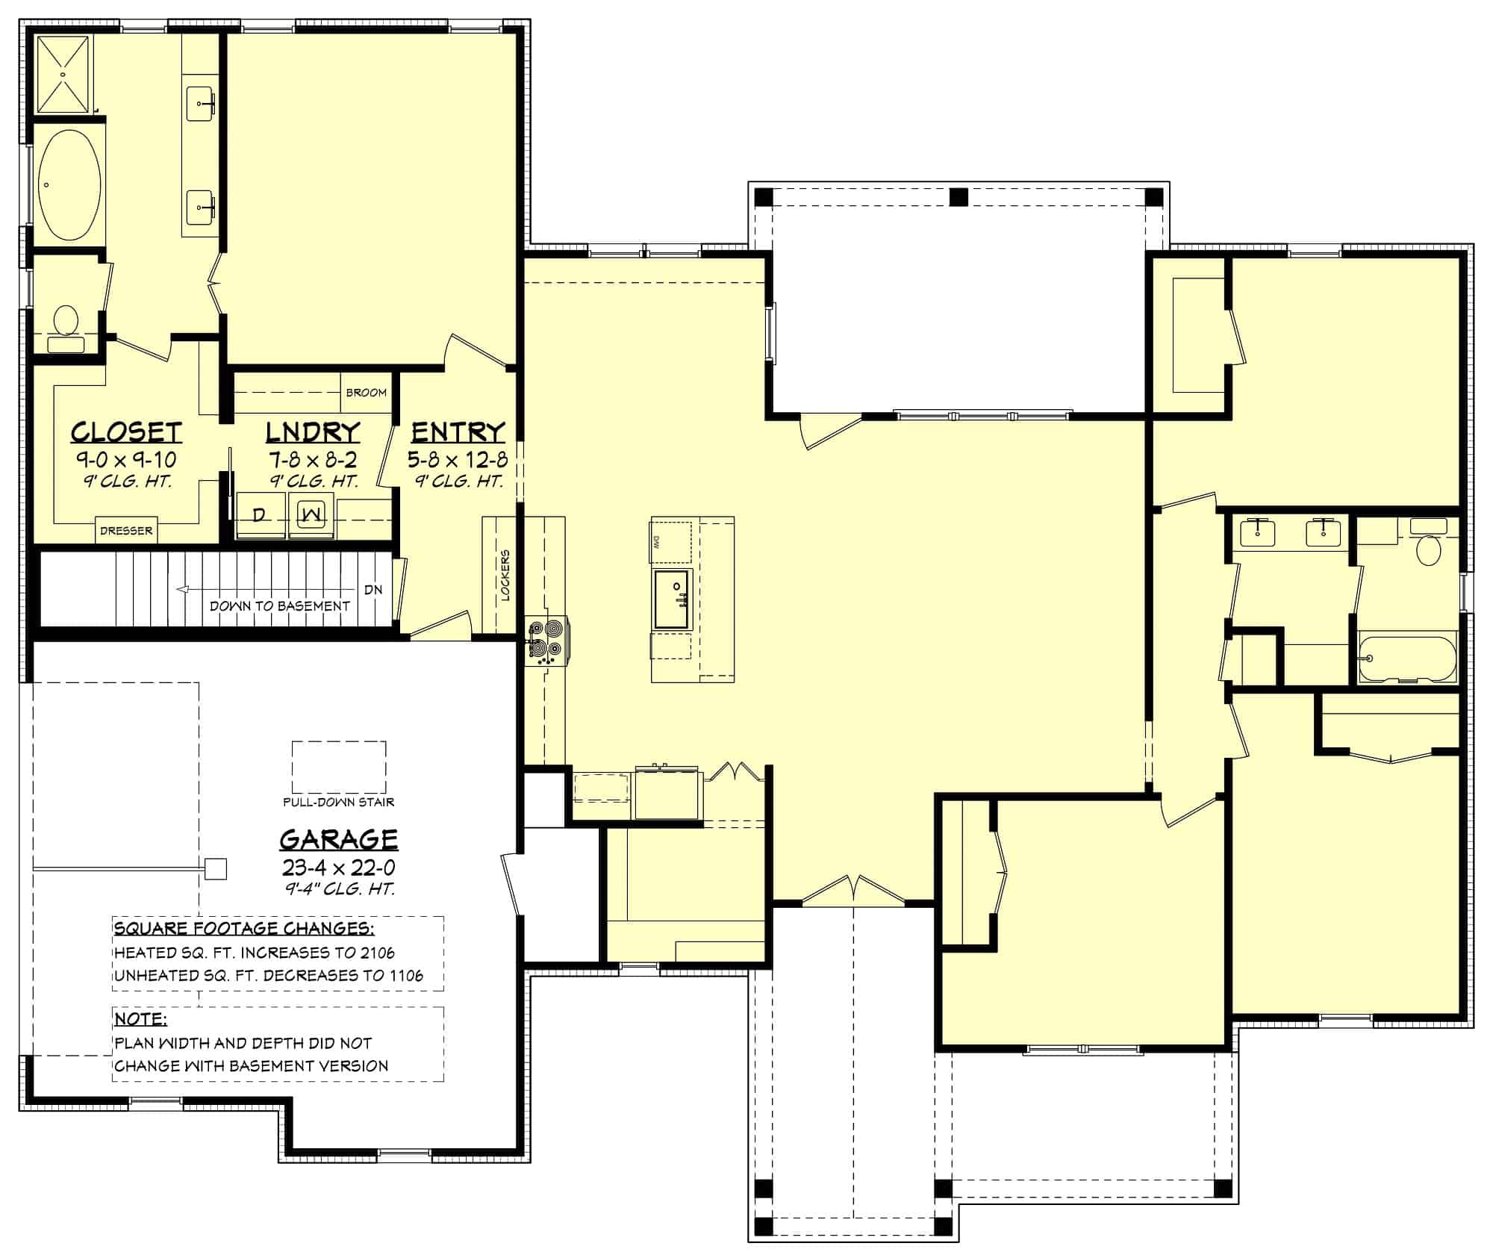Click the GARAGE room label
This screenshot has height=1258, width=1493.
[x=338, y=839]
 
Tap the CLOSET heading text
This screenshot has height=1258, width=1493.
[x=126, y=432]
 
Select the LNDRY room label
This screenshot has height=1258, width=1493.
[x=313, y=432]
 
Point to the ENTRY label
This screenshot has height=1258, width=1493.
[x=458, y=432]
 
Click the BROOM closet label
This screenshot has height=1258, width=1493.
[x=366, y=393]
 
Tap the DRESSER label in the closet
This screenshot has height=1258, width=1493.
[x=126, y=531]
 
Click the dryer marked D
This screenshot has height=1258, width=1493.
[x=260, y=514]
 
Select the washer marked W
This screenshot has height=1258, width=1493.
[x=313, y=514]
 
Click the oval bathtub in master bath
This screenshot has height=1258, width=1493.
[x=67, y=184]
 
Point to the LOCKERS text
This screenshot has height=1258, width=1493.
[x=505, y=576]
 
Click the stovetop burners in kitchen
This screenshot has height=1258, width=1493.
[x=546, y=641]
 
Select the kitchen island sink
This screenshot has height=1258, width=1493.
[x=673, y=599]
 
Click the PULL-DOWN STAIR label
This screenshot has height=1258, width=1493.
[x=338, y=803]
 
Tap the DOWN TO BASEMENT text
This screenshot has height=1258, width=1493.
[x=279, y=606]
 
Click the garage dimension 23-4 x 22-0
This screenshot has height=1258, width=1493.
[x=338, y=868]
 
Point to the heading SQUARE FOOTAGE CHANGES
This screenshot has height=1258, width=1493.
[x=244, y=929]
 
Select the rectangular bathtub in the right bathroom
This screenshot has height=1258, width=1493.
[x=1406, y=658]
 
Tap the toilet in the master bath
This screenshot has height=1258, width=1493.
[x=66, y=322]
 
